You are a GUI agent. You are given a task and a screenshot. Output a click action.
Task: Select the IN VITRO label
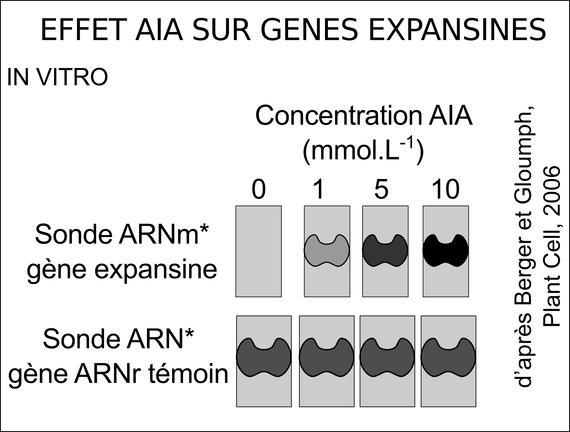tap(57, 77)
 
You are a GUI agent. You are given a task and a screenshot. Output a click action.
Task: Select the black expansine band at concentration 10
tap(445, 250)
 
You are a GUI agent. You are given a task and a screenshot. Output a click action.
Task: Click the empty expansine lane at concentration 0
tap(258, 251)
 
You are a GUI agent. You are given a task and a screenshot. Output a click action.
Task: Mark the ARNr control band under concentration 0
tap(264, 357)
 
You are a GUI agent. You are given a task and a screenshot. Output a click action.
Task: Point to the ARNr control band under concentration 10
tap(448, 357)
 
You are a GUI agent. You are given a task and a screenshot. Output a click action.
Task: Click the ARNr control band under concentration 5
tap(387, 357)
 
